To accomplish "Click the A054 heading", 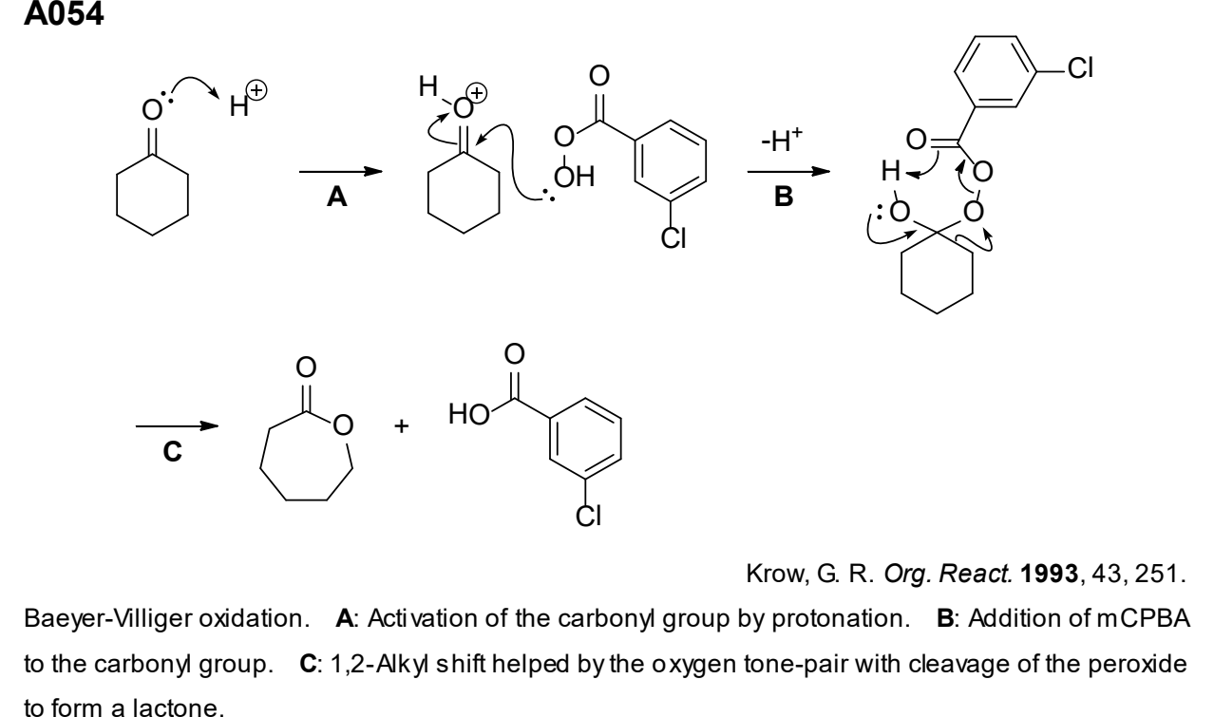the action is (x=64, y=13).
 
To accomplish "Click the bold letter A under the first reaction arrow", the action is (x=336, y=197).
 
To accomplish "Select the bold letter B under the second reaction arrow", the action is (x=784, y=197).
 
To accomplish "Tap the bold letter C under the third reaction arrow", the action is (x=172, y=451).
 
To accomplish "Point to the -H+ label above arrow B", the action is (x=782, y=141).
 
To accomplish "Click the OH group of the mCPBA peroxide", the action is (x=574, y=177).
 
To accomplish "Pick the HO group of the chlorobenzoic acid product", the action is (x=469, y=415).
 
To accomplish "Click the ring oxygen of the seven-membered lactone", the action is (x=343, y=425).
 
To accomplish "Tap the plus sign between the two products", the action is (x=401, y=426).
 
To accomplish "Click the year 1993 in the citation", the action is (x=1050, y=574).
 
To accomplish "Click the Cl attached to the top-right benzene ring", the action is (x=1080, y=68).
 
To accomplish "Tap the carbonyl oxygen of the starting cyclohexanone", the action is (x=152, y=110).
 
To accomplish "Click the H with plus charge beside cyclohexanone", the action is (x=248, y=99).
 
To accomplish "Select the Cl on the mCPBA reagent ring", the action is (x=673, y=238).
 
